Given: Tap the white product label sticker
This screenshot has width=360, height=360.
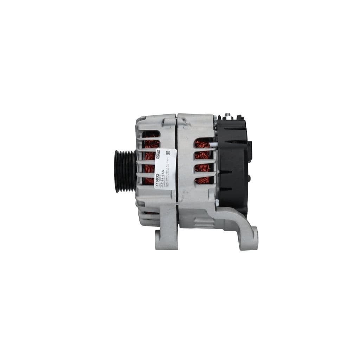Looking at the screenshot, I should (165, 168).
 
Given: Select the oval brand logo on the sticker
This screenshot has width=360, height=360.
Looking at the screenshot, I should (158, 155).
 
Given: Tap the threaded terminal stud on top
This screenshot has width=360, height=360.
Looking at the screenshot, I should (229, 115).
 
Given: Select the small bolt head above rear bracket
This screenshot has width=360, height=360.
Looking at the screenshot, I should (217, 202).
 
